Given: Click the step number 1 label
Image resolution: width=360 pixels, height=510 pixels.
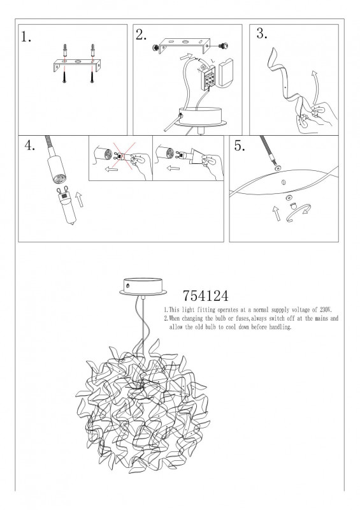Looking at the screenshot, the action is pos(26,37).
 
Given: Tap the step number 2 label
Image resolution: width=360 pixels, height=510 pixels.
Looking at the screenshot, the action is pos(141,35).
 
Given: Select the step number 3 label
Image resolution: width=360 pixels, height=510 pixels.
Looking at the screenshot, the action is pos(262,33).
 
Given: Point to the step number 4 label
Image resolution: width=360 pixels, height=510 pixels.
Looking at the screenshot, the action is pos(29,145).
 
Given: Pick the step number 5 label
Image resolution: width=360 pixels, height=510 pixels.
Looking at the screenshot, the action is pos(240,146).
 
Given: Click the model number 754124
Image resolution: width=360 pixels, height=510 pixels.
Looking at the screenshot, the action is pos(206,296).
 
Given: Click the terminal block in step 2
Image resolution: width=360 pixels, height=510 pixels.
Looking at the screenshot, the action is pos(208,78).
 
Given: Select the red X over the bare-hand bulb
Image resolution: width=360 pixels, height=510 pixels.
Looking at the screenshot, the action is pos(124,156).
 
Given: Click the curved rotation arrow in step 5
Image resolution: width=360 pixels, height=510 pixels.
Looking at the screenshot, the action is pos(299,214).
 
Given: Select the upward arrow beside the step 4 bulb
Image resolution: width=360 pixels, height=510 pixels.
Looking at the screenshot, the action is pos(80,199).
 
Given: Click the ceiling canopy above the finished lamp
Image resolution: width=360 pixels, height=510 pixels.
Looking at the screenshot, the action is pos(143,287).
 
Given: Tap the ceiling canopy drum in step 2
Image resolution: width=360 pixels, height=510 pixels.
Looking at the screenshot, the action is pos(200,117).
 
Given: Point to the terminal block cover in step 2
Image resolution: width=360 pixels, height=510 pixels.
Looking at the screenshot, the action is pos(226,72).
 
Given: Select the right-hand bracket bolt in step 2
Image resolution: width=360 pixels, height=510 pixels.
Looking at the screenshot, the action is pos(223,46).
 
